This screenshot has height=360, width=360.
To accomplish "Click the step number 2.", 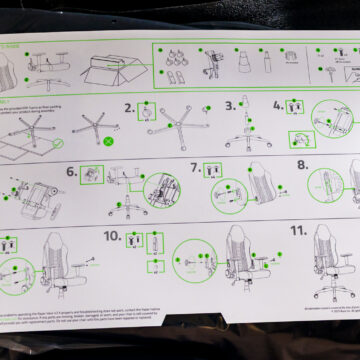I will tap(128, 108).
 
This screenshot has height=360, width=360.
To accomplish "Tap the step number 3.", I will tap(230, 104).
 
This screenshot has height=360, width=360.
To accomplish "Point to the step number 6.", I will tap(72, 172).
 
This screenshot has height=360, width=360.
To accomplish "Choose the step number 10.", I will tap(111, 237).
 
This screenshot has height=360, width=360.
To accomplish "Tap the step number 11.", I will tap(297, 231).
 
